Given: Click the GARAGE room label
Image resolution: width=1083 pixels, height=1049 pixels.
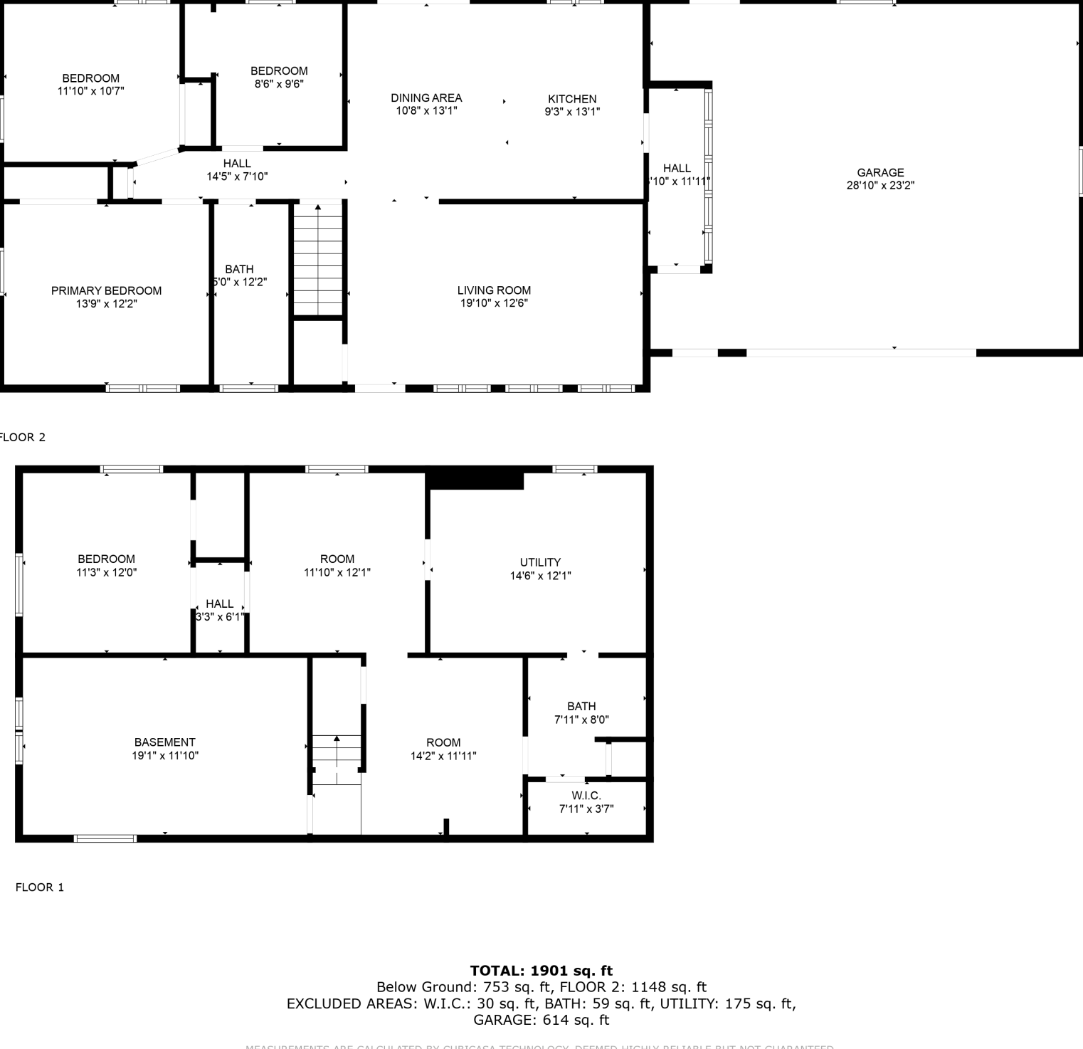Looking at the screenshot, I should coord(880,172).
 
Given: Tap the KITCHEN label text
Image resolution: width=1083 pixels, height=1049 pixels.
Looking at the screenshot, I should coord(572,99).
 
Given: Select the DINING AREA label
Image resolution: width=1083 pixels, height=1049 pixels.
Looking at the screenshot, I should coord(426,97).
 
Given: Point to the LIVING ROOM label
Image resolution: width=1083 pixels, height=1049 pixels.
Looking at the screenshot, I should coord(494,290).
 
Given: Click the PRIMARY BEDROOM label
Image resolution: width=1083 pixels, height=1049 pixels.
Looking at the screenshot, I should coord(106,290).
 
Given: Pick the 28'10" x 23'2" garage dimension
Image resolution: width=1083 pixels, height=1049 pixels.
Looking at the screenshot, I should coord(880,186).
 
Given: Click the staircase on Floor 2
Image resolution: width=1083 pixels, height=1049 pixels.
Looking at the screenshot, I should coord(318,260).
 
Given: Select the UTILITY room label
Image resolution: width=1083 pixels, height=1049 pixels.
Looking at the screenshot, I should coord(540,562).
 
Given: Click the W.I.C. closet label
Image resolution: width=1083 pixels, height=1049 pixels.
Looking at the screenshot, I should coord(586,796).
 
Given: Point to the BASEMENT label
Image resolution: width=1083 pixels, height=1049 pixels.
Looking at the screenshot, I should coord(164,742).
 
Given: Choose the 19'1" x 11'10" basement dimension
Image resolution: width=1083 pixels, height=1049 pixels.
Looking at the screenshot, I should coord(165,756).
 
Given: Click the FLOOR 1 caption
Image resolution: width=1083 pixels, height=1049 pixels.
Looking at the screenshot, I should coord(40,887).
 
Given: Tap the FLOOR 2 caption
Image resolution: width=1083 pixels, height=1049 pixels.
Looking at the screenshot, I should coord(22,438).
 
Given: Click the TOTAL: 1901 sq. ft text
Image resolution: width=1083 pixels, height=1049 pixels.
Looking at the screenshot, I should coord(541,971).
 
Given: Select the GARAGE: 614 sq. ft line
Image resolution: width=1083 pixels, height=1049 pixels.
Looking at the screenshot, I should coord(541,1020).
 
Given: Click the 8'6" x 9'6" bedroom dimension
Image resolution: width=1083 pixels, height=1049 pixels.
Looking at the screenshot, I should coord(279,84).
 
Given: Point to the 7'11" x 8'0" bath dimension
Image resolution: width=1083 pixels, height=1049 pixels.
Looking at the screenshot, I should coord(581,719).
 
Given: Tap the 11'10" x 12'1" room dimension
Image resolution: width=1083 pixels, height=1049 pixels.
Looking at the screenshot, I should coord(337,572).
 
